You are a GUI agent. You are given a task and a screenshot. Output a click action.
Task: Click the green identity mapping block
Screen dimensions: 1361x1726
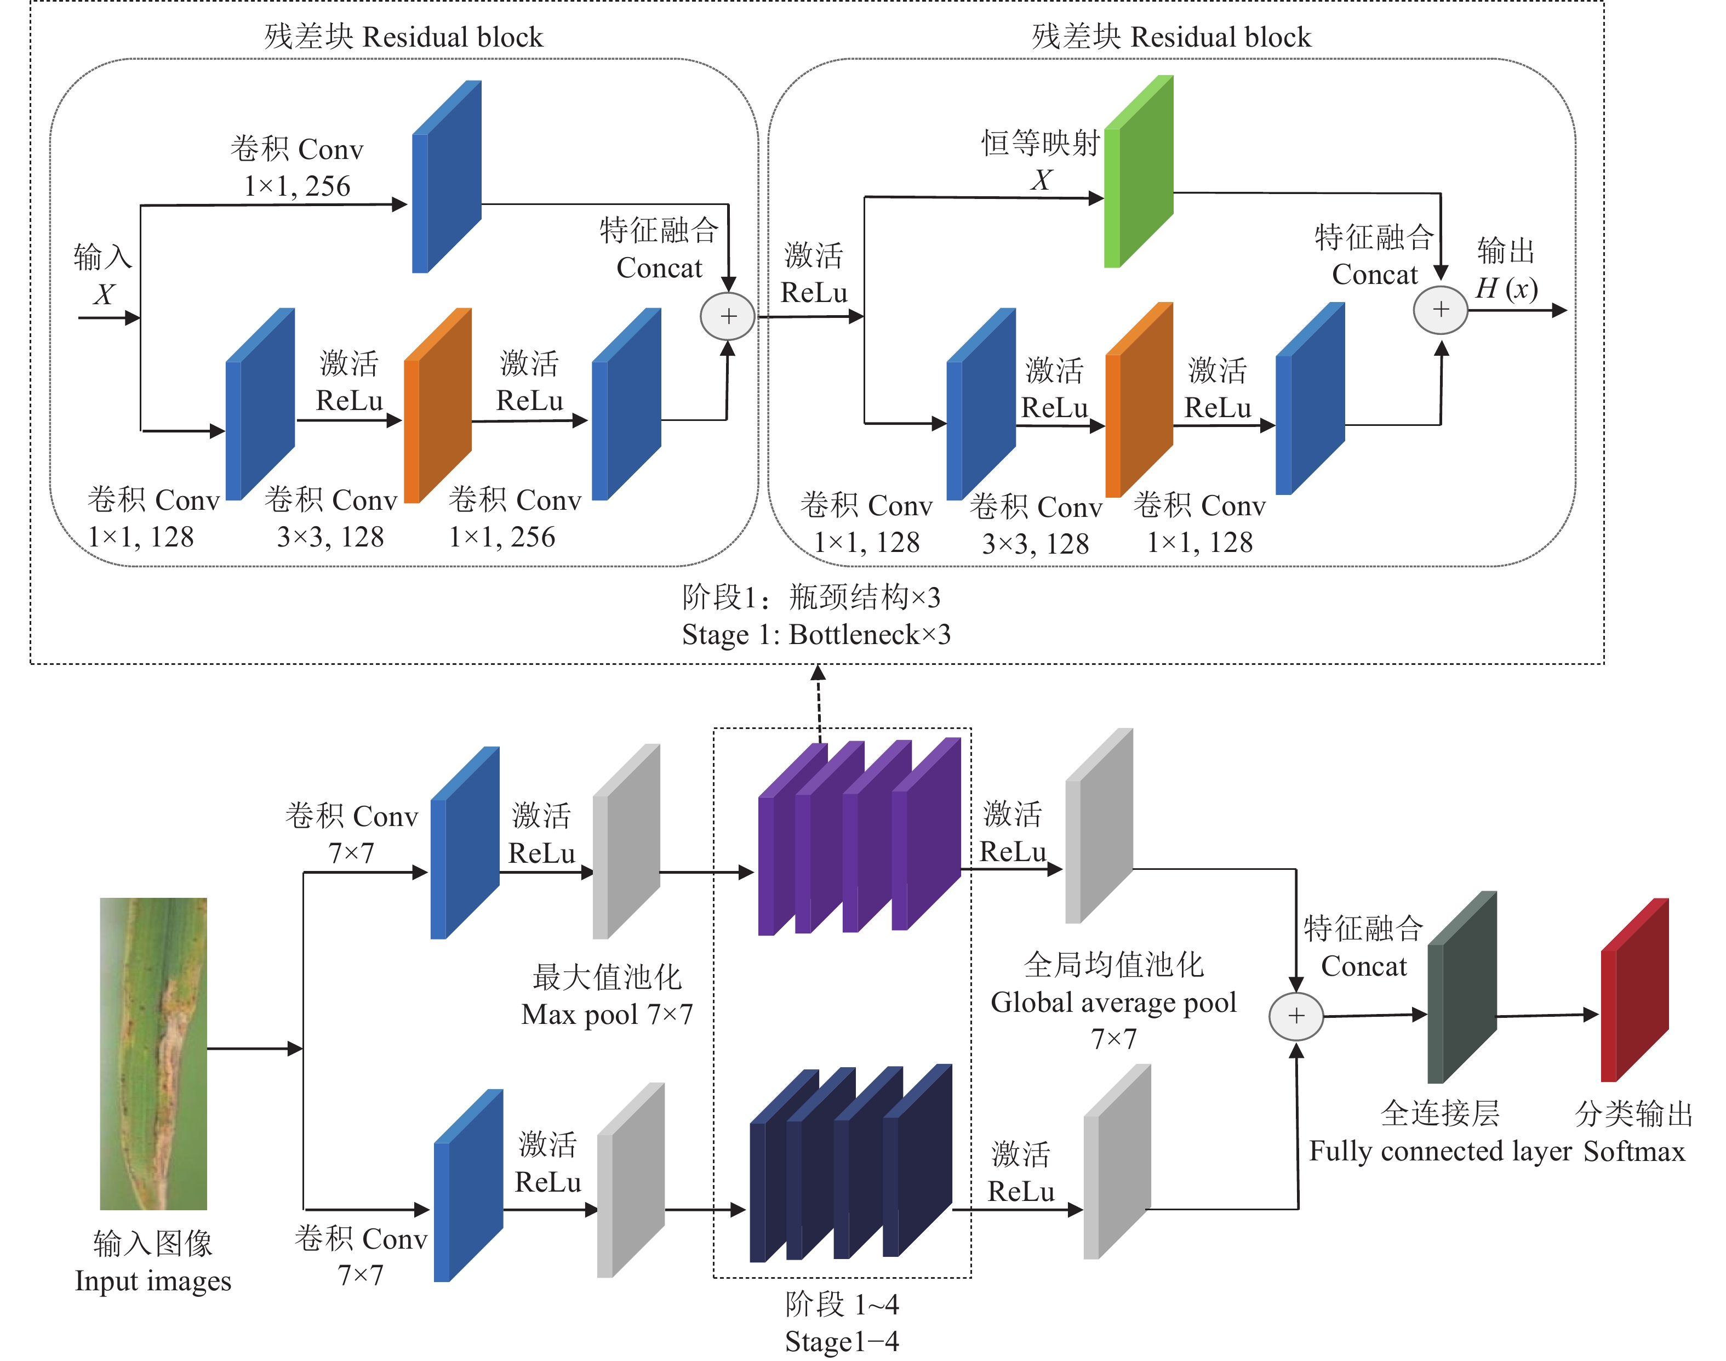coord(1139,172)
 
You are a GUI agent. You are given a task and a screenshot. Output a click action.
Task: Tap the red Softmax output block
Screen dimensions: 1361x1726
coord(1634,990)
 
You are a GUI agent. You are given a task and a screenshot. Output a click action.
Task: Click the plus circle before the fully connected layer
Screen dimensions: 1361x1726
coord(1296,1016)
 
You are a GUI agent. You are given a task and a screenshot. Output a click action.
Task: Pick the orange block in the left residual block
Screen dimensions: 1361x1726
coord(437,406)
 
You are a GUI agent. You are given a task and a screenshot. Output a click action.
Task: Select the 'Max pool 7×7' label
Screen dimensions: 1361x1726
coord(607,1015)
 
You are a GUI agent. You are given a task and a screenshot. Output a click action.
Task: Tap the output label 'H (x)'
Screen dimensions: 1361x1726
coord(1505,288)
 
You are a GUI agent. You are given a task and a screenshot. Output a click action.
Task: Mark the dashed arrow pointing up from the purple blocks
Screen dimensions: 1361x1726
coord(819,701)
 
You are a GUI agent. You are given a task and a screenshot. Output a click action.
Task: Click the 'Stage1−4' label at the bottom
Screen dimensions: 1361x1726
coord(841,1342)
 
